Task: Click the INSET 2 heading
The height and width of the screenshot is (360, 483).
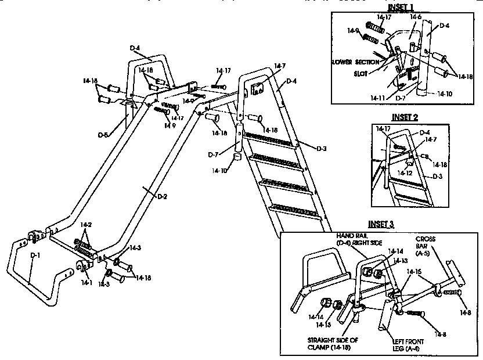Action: pos(405,117)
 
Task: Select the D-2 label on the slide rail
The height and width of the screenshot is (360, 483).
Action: pos(162,196)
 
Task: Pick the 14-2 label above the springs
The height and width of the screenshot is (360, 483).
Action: pos(86,224)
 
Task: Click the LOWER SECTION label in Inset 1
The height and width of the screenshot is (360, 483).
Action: pos(354,61)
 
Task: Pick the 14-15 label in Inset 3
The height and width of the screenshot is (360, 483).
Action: pos(414,271)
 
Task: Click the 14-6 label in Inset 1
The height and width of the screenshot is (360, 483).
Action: pos(415,17)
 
